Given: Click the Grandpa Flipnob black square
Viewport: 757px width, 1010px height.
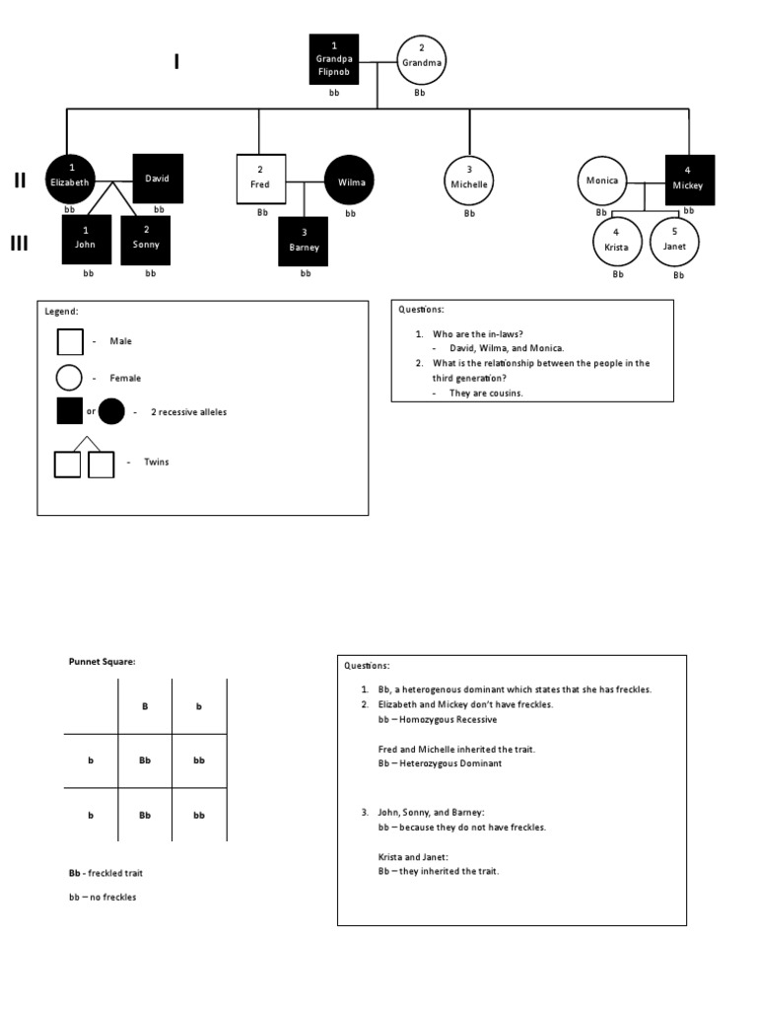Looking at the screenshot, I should [x=334, y=59].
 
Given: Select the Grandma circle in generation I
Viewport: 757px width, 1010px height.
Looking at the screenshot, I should [x=421, y=61].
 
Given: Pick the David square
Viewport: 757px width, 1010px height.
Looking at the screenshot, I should [x=158, y=179].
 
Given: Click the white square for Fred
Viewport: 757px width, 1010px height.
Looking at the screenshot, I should [x=260, y=179].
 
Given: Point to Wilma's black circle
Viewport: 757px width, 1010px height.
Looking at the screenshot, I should [x=350, y=180].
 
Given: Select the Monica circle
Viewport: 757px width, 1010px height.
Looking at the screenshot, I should [x=601, y=180].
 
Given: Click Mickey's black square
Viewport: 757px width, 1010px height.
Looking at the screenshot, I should [x=689, y=180].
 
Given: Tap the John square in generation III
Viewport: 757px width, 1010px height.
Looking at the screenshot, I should [x=87, y=240].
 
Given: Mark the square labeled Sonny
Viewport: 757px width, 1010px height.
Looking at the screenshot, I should [x=146, y=240].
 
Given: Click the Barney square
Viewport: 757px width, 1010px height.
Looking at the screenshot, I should [x=305, y=242].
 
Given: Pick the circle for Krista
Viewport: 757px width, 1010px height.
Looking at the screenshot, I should [x=616, y=242].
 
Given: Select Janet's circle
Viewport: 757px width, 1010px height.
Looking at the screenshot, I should [x=674, y=241].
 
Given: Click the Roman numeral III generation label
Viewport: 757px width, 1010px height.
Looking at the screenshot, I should [x=19, y=244].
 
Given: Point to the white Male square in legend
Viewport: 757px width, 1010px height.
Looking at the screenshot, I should [x=70, y=341].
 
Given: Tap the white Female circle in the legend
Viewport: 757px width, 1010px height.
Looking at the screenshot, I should [x=70, y=378].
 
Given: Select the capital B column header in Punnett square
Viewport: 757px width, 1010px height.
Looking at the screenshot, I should [x=145, y=706].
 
